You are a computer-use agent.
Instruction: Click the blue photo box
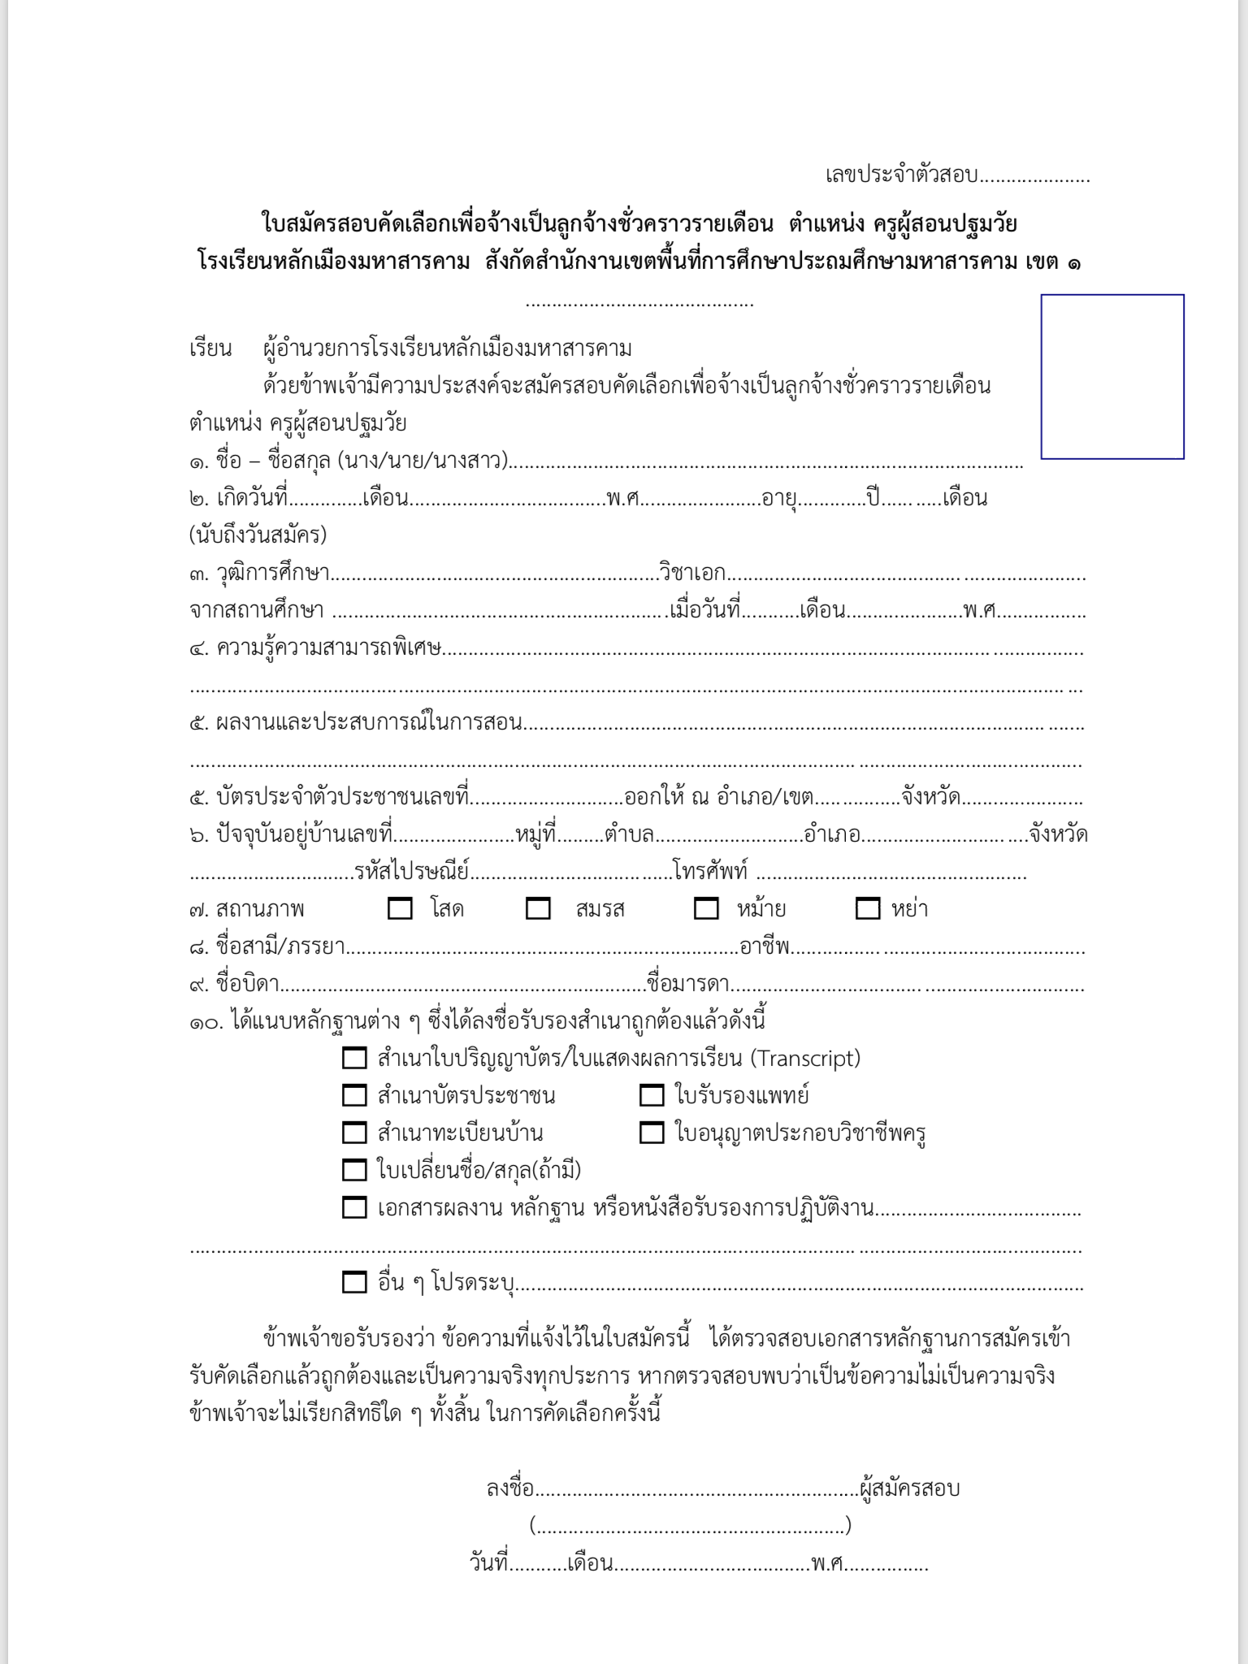tap(1112, 376)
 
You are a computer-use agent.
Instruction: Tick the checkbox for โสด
tap(400, 908)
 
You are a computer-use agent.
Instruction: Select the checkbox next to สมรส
tap(538, 908)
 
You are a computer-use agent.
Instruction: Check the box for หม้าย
tap(706, 908)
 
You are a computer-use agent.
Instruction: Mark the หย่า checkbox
tap(868, 908)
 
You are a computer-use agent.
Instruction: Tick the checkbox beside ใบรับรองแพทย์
tap(652, 1095)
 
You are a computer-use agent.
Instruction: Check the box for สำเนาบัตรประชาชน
tap(354, 1095)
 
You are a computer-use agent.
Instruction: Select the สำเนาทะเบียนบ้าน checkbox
tap(354, 1133)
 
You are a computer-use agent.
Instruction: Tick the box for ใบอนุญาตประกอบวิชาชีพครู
tap(652, 1133)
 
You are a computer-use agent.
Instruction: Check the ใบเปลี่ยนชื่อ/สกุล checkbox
tap(354, 1170)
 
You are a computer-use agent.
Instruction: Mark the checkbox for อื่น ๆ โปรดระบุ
tap(354, 1282)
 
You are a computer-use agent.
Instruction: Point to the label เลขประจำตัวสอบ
tap(902, 175)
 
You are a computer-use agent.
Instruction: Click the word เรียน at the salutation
tap(210, 349)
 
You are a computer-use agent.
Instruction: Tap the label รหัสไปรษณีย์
tap(412, 872)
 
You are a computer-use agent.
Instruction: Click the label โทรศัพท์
tap(710, 872)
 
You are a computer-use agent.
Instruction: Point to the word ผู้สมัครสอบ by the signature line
tap(910, 1488)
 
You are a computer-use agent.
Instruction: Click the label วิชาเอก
tap(692, 573)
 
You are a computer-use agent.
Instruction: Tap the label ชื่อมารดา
tap(687, 984)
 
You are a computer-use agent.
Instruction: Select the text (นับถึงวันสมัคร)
tap(258, 535)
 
